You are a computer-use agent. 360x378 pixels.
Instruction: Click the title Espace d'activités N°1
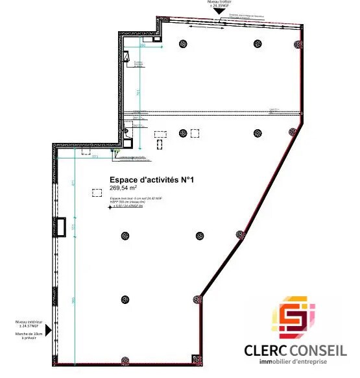coord(152,181)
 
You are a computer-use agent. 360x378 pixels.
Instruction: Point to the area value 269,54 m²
coord(126,188)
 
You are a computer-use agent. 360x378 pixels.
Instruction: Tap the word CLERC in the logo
coord(265,351)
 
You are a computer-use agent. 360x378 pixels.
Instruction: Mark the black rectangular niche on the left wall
coord(61,226)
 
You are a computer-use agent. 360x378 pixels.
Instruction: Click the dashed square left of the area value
coord(97,192)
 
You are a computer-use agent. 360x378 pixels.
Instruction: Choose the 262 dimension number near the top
coord(141,46)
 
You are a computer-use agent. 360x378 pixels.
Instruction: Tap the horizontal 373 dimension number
coord(95,157)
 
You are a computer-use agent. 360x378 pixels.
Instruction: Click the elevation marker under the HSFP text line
coord(109,208)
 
